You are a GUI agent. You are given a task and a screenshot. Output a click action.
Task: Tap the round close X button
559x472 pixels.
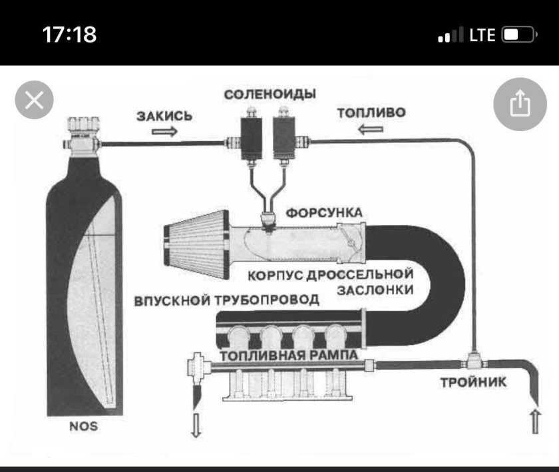point(34,101)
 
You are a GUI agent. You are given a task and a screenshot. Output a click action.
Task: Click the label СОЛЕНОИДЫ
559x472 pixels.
point(270,94)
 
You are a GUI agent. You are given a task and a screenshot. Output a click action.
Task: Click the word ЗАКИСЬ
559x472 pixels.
point(164,116)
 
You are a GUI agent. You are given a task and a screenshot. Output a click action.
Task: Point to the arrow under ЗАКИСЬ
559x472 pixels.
point(165,131)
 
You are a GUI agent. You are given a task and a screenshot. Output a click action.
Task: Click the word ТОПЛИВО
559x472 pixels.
point(371,113)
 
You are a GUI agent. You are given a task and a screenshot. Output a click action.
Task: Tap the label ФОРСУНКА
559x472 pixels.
point(324,212)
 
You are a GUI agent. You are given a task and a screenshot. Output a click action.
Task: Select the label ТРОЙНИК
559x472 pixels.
point(474,382)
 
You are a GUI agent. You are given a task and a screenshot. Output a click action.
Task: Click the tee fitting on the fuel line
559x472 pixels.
point(474,363)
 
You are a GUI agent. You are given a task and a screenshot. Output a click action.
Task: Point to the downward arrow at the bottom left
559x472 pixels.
point(196,425)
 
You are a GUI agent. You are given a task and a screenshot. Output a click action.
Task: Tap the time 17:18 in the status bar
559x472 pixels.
point(69,35)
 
